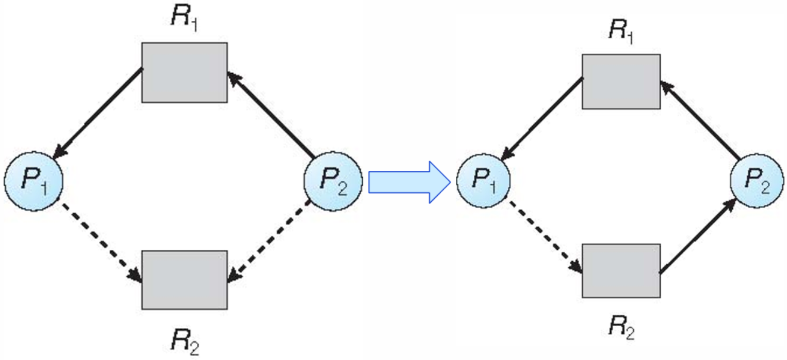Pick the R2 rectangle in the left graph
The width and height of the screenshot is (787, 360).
[x=185, y=279]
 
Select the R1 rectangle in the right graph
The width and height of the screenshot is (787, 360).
[x=620, y=82]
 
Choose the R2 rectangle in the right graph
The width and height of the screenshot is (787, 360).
[x=620, y=270]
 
